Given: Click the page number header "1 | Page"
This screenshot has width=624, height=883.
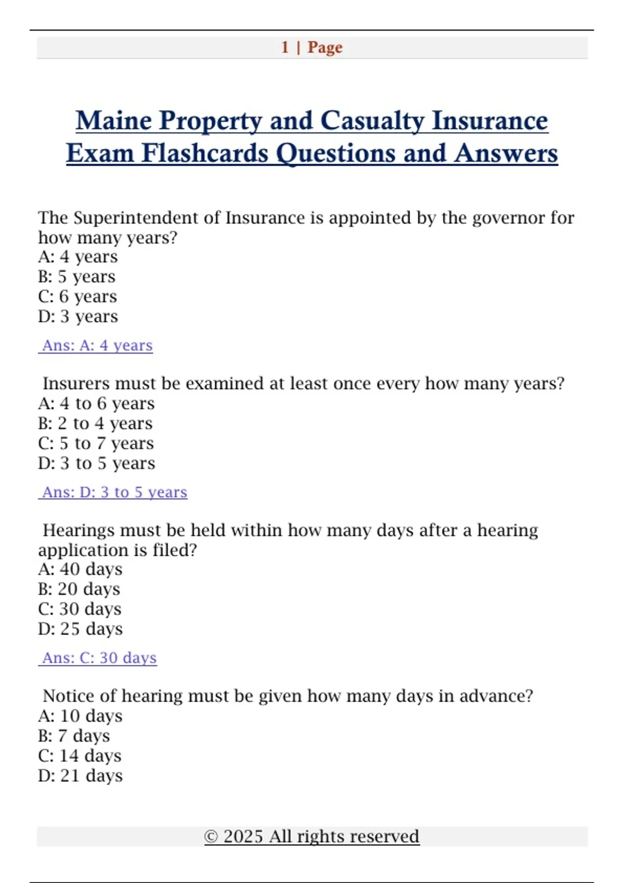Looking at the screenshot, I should tap(311, 47).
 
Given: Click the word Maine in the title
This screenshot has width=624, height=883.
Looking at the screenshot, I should tap(113, 121).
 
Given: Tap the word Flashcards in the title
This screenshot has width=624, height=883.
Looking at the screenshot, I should tap(204, 154).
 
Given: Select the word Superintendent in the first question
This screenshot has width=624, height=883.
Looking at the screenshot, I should tap(135, 218).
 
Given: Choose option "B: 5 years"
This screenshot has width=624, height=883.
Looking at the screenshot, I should tap(76, 277).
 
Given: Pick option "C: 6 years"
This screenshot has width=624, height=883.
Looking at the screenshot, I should tap(77, 297).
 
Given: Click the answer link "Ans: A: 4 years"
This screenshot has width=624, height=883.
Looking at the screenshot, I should tap(97, 345).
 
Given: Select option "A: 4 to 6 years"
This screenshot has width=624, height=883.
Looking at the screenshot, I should tap(96, 404).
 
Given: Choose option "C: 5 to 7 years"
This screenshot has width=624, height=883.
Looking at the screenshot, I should tap(96, 444).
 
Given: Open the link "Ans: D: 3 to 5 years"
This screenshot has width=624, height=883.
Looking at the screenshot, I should tap(114, 492).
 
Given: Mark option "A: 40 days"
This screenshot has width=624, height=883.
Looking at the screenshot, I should tap(80, 569).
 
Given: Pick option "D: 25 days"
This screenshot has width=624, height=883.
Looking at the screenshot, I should tap(80, 629).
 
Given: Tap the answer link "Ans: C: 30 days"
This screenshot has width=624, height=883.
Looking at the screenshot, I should tap(99, 658).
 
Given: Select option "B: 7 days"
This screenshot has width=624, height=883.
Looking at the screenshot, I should tap(74, 736).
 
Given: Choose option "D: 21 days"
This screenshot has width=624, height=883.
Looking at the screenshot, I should tap(80, 776).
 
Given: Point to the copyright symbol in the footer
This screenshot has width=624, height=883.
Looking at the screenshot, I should tap(211, 837).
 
